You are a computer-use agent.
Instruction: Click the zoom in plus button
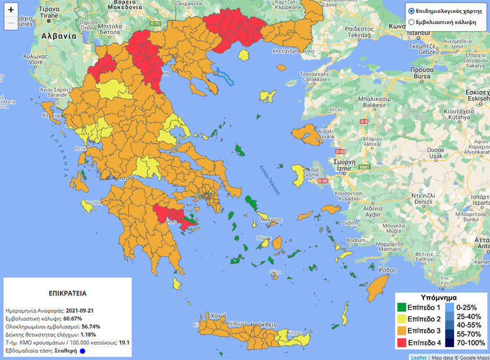coord(11,10)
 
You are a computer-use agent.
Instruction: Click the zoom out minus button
coord(11,23)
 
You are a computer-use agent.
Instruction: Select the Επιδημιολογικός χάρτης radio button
coord(412,11)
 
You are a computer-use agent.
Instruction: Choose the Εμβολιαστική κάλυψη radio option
coord(412,22)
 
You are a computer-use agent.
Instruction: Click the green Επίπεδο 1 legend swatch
coord(401,308)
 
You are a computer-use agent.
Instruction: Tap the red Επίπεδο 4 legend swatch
coord(401,342)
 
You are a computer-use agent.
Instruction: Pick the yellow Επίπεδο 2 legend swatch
coord(401,319)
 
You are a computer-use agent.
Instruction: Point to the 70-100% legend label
coord(470,343)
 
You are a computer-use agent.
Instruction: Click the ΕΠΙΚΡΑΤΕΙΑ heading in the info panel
coord(67,294)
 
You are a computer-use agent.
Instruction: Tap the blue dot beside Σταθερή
coord(82,350)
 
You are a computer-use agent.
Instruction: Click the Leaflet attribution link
coord(418,357)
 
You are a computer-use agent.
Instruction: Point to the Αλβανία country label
coord(58,35)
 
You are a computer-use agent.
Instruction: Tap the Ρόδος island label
coord(388,270)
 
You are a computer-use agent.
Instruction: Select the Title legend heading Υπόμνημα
coord(439,297)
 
